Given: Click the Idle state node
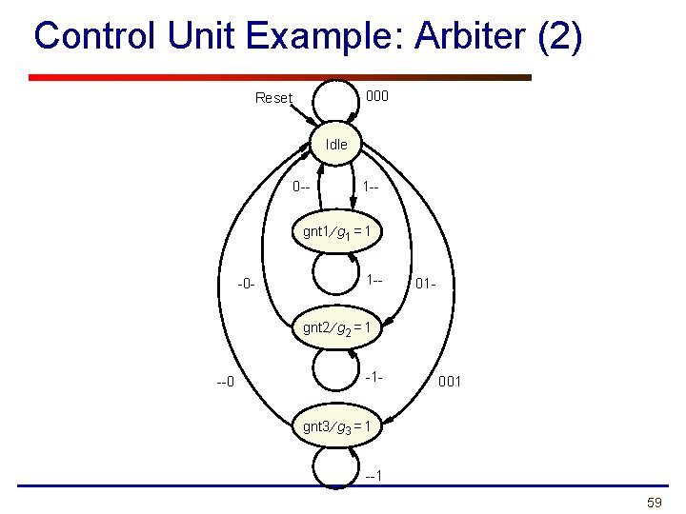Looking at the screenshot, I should pyautogui.click(x=336, y=145).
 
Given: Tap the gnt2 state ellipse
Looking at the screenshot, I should pyautogui.click(x=341, y=328).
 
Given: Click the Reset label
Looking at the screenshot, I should pyautogui.click(x=273, y=98).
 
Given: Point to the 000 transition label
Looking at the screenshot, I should pyautogui.click(x=377, y=96).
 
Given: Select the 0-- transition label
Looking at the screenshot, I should pyautogui.click(x=303, y=186).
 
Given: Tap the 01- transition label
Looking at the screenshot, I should pyautogui.click(x=426, y=283).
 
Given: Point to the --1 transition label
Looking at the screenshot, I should pyautogui.click(x=374, y=475).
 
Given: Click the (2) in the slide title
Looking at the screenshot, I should pyautogui.click(x=559, y=38).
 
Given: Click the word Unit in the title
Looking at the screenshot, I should pyautogui.click(x=198, y=38).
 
